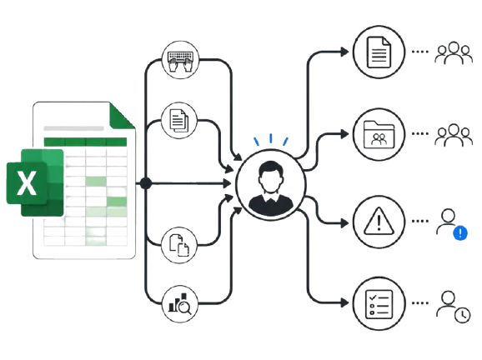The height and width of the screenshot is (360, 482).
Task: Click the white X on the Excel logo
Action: coord(27,183)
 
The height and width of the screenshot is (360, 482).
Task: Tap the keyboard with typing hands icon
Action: coord(180,61)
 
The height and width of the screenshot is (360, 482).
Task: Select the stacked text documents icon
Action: coord(179,121)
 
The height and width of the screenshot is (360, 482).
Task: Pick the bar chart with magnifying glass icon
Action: coord(180,304)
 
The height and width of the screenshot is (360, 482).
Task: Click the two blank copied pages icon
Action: coord(179,245)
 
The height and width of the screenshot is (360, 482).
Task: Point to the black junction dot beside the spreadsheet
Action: coord(146,183)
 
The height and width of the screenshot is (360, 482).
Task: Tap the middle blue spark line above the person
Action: coord(271,138)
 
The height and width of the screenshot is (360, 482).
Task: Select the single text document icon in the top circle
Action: coord(379,52)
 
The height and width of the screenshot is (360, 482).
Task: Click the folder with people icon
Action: coord(379,134)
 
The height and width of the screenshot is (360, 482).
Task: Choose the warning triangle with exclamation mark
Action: coord(379,221)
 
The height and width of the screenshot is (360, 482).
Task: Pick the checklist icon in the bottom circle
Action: coord(379,304)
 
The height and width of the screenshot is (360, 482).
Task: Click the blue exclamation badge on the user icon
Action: coord(460,233)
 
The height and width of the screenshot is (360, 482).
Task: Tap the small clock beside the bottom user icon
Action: coord(462,315)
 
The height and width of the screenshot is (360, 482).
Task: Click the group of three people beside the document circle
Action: coord(454,52)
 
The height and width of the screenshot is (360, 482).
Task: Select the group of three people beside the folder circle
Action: coord(454,135)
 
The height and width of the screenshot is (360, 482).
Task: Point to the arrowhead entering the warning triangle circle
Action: coord(344,223)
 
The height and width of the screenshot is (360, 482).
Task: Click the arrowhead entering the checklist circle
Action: coord(344,302)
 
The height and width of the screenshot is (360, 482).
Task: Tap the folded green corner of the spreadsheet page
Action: coord(122,115)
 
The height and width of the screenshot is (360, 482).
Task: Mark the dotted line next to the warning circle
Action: coord(420,221)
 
